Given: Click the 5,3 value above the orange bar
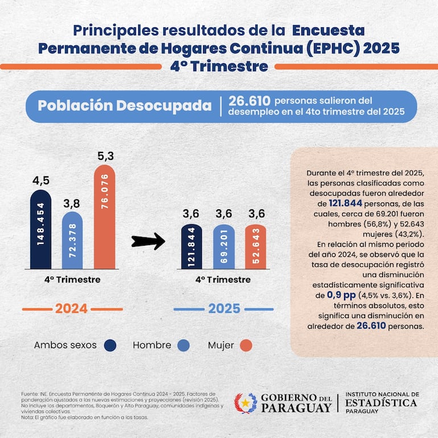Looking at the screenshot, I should (104, 155).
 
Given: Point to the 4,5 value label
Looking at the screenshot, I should (40, 181).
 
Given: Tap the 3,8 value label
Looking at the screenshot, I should (72, 203).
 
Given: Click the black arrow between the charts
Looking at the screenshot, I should (148, 241).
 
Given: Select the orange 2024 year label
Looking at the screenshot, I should (71, 309).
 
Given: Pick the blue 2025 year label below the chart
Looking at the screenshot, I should (224, 309).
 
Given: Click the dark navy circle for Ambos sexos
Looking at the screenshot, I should (110, 345).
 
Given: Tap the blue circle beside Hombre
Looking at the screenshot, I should (184, 345).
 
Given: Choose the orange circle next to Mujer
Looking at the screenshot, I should (246, 345).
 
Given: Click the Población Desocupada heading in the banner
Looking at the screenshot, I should (124, 106).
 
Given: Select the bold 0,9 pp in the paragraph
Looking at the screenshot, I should (341, 295).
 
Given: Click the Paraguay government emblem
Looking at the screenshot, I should (246, 403).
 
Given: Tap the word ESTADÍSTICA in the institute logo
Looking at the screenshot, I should (381, 403).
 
